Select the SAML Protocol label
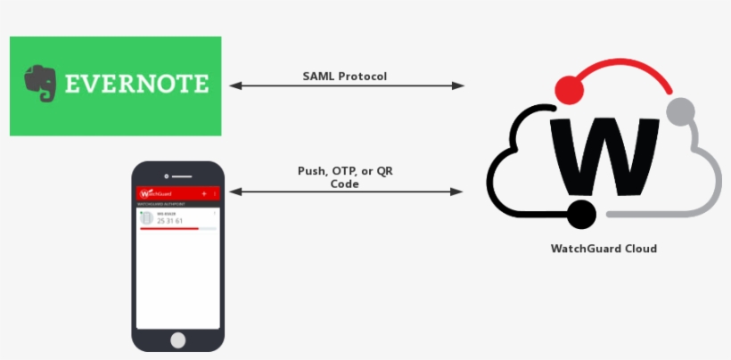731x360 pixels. [x=345, y=76]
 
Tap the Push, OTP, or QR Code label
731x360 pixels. [x=345, y=176]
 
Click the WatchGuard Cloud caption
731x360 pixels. [x=604, y=249]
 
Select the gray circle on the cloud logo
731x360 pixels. [x=680, y=111]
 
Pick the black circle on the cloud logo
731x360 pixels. [x=580, y=214]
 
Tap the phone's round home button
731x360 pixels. [x=178, y=340]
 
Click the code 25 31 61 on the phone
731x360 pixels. [x=170, y=220]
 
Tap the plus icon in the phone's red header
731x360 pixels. [x=204, y=193]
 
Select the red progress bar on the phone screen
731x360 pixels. [x=169, y=229]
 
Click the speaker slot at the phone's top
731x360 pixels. [x=179, y=176]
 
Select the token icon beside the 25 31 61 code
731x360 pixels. [x=146, y=218]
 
